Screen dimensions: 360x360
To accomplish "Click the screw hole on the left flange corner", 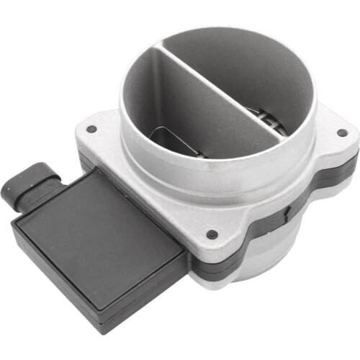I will click(x=91, y=130).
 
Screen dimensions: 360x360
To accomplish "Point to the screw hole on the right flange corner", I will click(x=341, y=132).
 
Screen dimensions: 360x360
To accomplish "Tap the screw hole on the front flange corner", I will click(x=212, y=234).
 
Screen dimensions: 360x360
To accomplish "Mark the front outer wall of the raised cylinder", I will click(x=216, y=180).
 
